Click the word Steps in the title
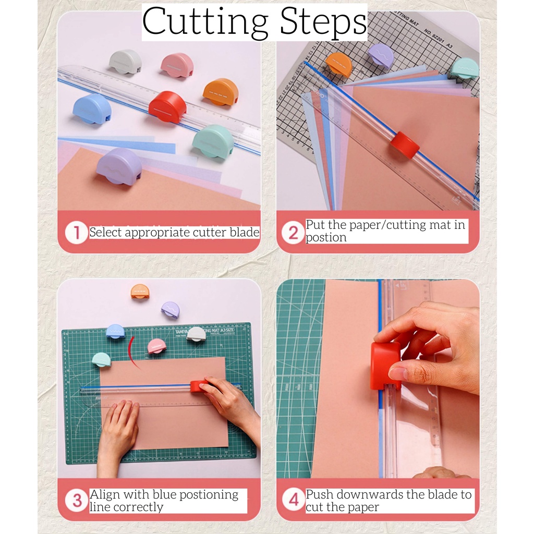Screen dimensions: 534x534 click(323, 21)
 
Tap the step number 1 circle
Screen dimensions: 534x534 click(77, 233)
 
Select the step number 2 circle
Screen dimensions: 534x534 click(293, 233)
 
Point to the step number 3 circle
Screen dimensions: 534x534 click(77, 500)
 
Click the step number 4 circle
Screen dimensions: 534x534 click(294, 500)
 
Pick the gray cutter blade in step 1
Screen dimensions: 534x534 click(125, 62)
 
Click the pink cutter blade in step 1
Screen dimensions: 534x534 click(177, 65)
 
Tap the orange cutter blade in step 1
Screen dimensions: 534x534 click(221, 91)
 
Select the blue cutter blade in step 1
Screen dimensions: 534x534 click(92, 108)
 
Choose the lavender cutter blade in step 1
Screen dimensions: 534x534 click(119, 166)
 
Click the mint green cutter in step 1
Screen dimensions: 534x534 click(213, 141)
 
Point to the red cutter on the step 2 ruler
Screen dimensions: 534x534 click(405, 145)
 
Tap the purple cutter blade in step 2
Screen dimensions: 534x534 click(381, 54)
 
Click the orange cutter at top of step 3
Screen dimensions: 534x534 click(140, 292)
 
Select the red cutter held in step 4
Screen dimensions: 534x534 click(385, 366)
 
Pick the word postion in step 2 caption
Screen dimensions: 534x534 click(326, 237)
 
